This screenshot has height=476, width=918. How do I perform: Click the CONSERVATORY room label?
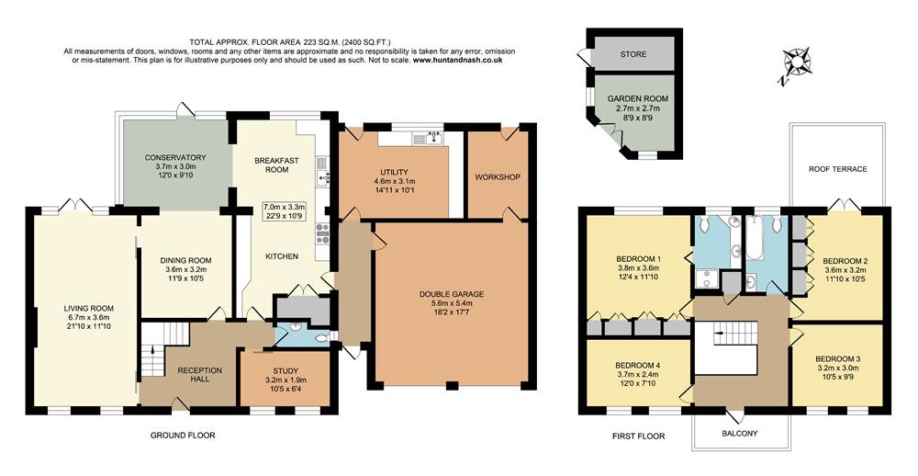pos(174,157)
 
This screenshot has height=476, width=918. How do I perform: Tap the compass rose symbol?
pos(798,64)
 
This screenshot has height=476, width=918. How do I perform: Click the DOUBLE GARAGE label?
pos(446,295)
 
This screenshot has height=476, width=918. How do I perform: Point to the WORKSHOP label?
pos(498,176)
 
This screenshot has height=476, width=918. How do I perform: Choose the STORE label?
pos(633,54)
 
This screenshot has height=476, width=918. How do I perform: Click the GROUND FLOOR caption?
pos(182,435)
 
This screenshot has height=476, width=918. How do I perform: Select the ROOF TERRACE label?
pos(837,169)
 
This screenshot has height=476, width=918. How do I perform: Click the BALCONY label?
pos(738,433)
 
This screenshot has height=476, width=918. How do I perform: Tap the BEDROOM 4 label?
pos(638,361)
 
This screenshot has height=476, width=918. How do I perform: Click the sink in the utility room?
pos(429,140)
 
